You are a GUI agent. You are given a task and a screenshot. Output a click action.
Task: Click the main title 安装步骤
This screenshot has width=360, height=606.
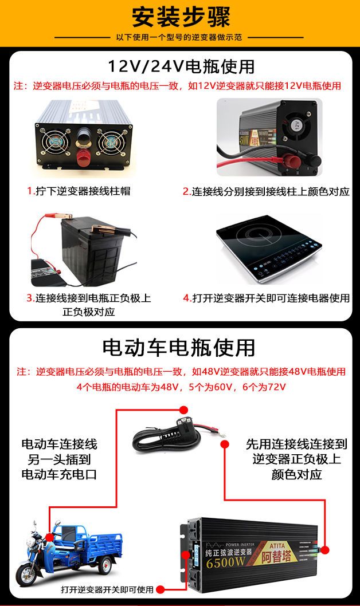(x=181, y=17)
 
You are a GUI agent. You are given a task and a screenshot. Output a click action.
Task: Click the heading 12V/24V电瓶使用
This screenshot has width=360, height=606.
(x=181, y=66)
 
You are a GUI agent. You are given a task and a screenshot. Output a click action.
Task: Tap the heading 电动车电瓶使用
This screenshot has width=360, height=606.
(x=179, y=348)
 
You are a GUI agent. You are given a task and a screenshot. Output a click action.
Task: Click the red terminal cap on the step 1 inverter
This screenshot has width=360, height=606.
(x=83, y=158)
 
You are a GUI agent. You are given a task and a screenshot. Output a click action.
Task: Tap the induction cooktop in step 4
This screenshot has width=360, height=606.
(x=268, y=248)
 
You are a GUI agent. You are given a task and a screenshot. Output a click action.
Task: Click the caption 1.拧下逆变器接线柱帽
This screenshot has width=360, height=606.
(x=79, y=191)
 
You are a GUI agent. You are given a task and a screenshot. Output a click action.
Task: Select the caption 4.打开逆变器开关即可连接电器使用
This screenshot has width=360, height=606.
(x=266, y=298)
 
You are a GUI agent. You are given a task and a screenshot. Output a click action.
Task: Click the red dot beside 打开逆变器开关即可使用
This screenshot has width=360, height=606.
(x=160, y=589)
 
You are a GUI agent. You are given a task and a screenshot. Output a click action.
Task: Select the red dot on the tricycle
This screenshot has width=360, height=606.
(x=49, y=537)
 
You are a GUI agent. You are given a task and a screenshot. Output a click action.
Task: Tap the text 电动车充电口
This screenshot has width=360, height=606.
(x=59, y=474)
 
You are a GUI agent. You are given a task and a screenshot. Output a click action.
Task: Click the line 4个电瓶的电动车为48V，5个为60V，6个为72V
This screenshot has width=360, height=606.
(x=181, y=387)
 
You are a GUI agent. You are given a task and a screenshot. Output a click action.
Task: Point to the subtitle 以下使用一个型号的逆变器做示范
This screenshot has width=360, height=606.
(x=179, y=37)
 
